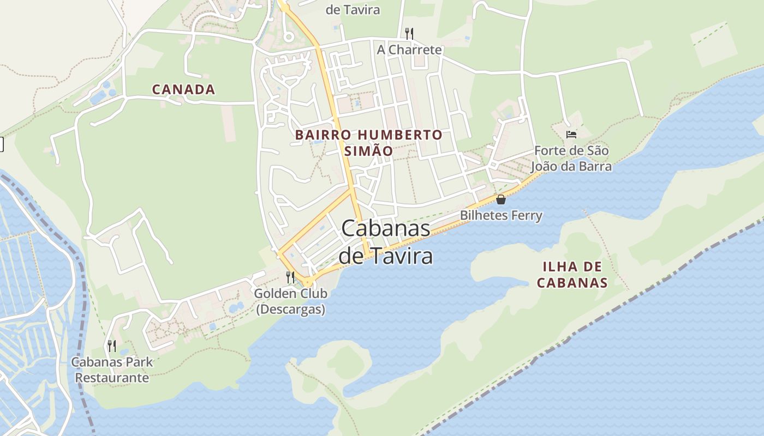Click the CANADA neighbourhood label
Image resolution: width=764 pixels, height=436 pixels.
(183, 89)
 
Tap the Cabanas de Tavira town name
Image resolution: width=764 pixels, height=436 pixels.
(386, 241)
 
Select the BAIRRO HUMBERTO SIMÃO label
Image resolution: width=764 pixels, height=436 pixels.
(369, 142)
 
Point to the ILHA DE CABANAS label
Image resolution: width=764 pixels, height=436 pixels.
(572, 274)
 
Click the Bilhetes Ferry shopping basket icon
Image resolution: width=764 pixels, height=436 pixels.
(501, 199)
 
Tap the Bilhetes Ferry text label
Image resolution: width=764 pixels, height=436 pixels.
(501, 215)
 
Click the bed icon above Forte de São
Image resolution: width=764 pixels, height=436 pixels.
(571, 134)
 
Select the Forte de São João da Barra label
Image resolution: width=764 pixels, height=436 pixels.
(572, 158)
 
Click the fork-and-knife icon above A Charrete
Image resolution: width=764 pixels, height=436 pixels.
(409, 34)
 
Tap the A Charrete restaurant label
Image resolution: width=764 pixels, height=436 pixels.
(409, 50)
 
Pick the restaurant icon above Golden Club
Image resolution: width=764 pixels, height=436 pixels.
(290, 277)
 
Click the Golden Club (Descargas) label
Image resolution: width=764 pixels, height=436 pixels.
(291, 301)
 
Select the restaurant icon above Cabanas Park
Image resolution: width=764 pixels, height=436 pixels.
(112, 346)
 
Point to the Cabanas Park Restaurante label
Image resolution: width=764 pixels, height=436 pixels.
(112, 370)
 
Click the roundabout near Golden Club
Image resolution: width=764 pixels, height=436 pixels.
(308, 282)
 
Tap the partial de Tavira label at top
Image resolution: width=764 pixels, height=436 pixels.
(353, 10)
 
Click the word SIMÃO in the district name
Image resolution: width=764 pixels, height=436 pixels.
(369, 151)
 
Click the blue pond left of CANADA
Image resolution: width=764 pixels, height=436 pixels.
(100, 97)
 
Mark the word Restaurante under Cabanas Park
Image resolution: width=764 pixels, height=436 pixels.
(112, 378)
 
